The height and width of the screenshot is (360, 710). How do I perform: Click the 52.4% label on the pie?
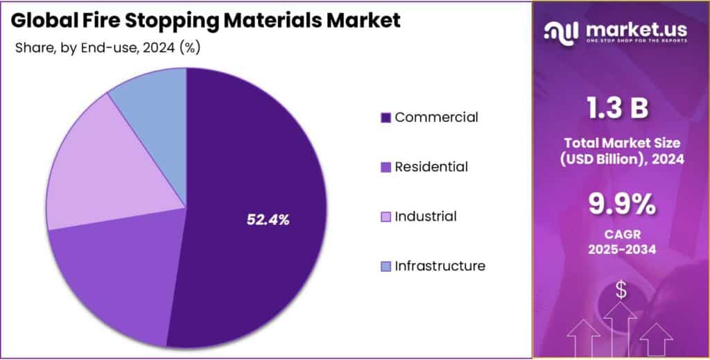pos(268,220)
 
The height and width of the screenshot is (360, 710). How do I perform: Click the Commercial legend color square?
pos(386,118)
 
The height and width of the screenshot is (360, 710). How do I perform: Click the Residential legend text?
pos(431,167)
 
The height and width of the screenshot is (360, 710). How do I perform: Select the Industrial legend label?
pos(425,216)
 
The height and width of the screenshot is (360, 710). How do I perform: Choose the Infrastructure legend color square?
pos(386,266)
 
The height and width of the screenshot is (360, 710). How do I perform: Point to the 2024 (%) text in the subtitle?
pos(170,48)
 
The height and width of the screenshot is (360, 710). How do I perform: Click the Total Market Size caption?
pos(621,143)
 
